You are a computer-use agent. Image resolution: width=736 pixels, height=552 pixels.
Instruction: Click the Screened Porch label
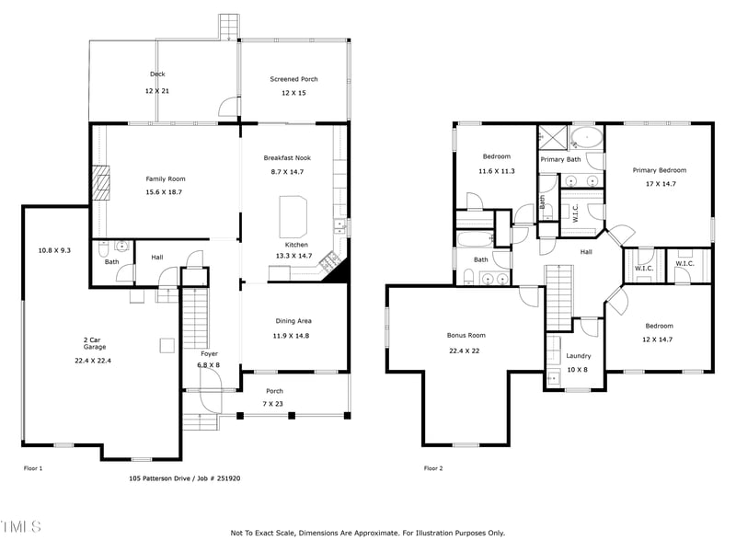point(293,79)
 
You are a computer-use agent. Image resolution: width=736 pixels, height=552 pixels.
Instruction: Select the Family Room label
point(166,178)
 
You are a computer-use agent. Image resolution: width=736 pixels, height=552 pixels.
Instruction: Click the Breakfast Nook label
point(287,158)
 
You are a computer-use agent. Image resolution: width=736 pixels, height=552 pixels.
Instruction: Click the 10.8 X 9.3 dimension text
point(54,250)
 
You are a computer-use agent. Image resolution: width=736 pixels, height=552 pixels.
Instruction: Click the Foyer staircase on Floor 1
point(195,317)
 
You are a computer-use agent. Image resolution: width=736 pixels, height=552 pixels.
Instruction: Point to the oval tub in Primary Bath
point(586,140)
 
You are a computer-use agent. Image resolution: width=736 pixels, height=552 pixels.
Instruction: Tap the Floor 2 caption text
point(433,468)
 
